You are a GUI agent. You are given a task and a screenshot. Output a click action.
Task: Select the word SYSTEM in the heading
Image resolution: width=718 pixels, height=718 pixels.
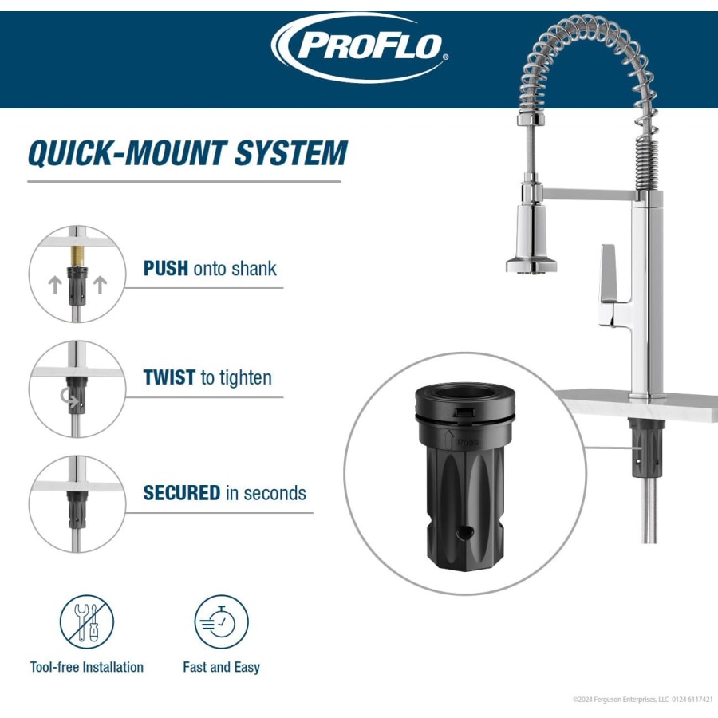[x=290, y=153]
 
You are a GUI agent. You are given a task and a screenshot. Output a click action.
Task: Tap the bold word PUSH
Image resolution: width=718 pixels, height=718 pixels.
[x=166, y=268]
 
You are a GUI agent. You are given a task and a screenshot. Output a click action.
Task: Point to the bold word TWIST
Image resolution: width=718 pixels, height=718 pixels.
[x=169, y=377]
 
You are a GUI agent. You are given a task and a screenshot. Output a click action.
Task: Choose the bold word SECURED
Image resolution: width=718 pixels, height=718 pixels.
[x=181, y=493]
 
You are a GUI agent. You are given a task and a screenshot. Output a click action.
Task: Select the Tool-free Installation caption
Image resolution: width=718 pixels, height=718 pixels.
[x=87, y=667]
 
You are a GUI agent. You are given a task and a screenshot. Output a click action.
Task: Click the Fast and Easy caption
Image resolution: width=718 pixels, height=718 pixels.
[x=222, y=667]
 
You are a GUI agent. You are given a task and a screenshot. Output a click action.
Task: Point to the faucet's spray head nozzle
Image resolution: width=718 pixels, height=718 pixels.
[x=531, y=266]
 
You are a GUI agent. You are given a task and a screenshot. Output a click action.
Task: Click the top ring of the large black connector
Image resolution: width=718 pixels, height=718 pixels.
[x=464, y=399]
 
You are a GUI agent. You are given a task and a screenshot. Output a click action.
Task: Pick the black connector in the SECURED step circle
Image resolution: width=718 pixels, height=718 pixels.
[x=77, y=507]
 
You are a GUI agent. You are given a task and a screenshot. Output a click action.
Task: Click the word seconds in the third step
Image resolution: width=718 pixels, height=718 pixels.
[x=275, y=493]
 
